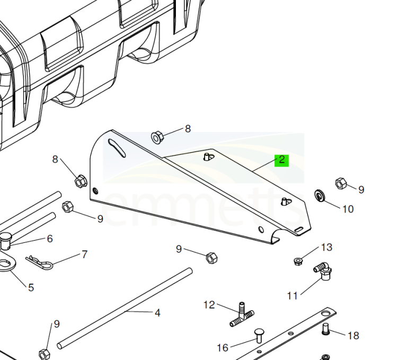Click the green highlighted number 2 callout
click(281, 160)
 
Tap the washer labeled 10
click(318, 196)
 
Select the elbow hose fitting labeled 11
click(323, 270)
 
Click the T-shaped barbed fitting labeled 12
click(242, 314)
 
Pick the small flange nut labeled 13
click(298, 261)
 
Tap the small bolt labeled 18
click(325, 329)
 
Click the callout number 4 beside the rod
click(157, 313)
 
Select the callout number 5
click(31, 287)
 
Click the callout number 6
click(50, 239)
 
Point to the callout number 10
click(348, 209)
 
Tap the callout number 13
click(326, 247)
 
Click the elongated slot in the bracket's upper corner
click(117, 148)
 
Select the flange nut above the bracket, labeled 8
click(157, 137)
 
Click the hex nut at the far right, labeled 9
click(341, 183)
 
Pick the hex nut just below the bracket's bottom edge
click(211, 258)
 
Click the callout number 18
click(353, 336)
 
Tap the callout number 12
click(209, 305)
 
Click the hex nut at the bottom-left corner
click(45, 354)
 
